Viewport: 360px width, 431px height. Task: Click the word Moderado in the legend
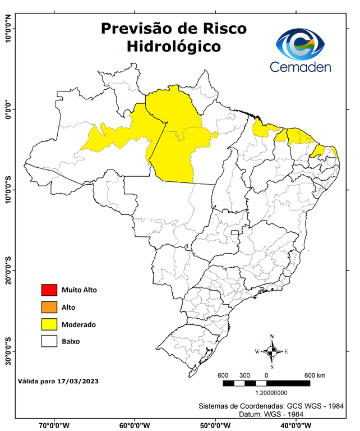coord(79,324)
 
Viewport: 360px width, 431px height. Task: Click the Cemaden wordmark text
coord(301,67)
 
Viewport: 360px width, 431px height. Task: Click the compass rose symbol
coord(272,351)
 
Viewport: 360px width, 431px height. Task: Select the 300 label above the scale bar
coord(244,375)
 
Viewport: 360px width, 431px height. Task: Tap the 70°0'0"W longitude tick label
coord(54,425)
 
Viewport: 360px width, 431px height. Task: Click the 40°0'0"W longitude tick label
coord(296,425)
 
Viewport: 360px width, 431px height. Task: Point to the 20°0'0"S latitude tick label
coord(8,270)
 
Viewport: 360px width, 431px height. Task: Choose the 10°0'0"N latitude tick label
coord(8,29)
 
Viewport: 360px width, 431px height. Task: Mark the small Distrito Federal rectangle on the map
coord(234,231)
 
